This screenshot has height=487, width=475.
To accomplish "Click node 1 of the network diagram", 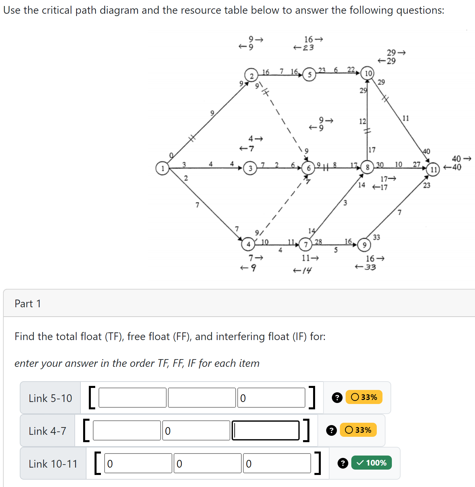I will click(x=163, y=168).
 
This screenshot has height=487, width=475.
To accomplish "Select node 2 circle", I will click(x=251, y=75).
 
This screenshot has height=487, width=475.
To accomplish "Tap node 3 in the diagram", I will click(x=250, y=168).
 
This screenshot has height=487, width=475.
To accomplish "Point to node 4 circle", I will click(x=248, y=244).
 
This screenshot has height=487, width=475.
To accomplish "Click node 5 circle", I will click(x=309, y=75).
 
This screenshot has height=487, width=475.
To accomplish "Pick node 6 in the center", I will click(x=308, y=168).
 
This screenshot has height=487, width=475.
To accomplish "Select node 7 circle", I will click(x=305, y=244).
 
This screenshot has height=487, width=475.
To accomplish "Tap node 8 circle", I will click(x=368, y=167).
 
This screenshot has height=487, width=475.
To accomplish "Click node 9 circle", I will click(x=364, y=245).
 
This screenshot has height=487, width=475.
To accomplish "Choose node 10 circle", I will click(x=368, y=73).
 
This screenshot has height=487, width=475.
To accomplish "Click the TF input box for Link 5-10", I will click(x=132, y=398).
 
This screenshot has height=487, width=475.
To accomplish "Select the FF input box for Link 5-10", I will click(x=202, y=398).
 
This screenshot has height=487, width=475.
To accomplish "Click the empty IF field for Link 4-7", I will click(x=265, y=430).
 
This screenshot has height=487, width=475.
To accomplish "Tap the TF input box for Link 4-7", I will click(x=127, y=430).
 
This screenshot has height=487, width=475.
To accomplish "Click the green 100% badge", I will click(x=371, y=463).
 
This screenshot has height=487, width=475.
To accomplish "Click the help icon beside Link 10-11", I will click(x=343, y=463).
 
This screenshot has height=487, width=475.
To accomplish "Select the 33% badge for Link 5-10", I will click(x=364, y=397).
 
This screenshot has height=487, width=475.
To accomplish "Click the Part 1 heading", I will click(x=28, y=304).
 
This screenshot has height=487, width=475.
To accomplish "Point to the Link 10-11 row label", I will click(x=53, y=464).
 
